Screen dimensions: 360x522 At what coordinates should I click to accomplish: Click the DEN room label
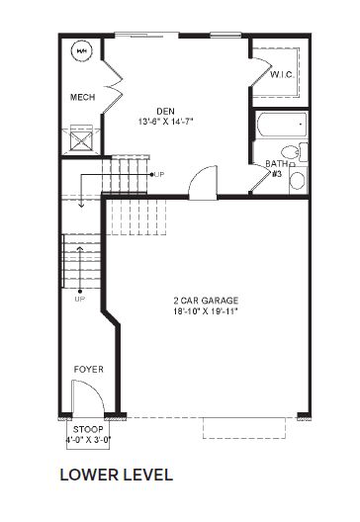point(165,111)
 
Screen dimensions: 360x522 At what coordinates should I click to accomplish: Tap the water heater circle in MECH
point(81,50)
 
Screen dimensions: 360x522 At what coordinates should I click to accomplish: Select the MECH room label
point(83,97)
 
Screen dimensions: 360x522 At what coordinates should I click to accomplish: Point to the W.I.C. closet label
point(282,74)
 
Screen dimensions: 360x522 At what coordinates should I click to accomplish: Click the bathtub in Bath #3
point(282,125)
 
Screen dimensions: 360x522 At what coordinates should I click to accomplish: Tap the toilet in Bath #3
point(295,152)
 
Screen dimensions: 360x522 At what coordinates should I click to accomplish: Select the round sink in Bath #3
point(297,181)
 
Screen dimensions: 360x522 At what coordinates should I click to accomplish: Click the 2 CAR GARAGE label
point(206,301)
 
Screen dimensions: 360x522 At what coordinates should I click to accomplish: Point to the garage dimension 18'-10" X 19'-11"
point(206,312)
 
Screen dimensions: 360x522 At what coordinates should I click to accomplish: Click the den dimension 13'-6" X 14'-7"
point(165,122)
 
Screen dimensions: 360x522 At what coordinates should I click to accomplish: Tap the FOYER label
point(89,369)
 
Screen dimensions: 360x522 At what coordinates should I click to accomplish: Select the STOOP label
point(88,429)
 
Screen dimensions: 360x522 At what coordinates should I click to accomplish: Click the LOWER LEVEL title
point(117,475)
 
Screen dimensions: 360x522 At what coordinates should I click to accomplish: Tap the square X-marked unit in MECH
point(81,141)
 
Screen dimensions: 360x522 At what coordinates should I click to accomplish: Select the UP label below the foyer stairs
point(80,299)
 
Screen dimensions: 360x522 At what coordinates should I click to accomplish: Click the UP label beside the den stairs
point(159,174)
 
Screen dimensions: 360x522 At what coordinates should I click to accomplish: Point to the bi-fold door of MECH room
point(113,87)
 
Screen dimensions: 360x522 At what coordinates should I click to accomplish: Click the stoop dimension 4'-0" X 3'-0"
point(88,440)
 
